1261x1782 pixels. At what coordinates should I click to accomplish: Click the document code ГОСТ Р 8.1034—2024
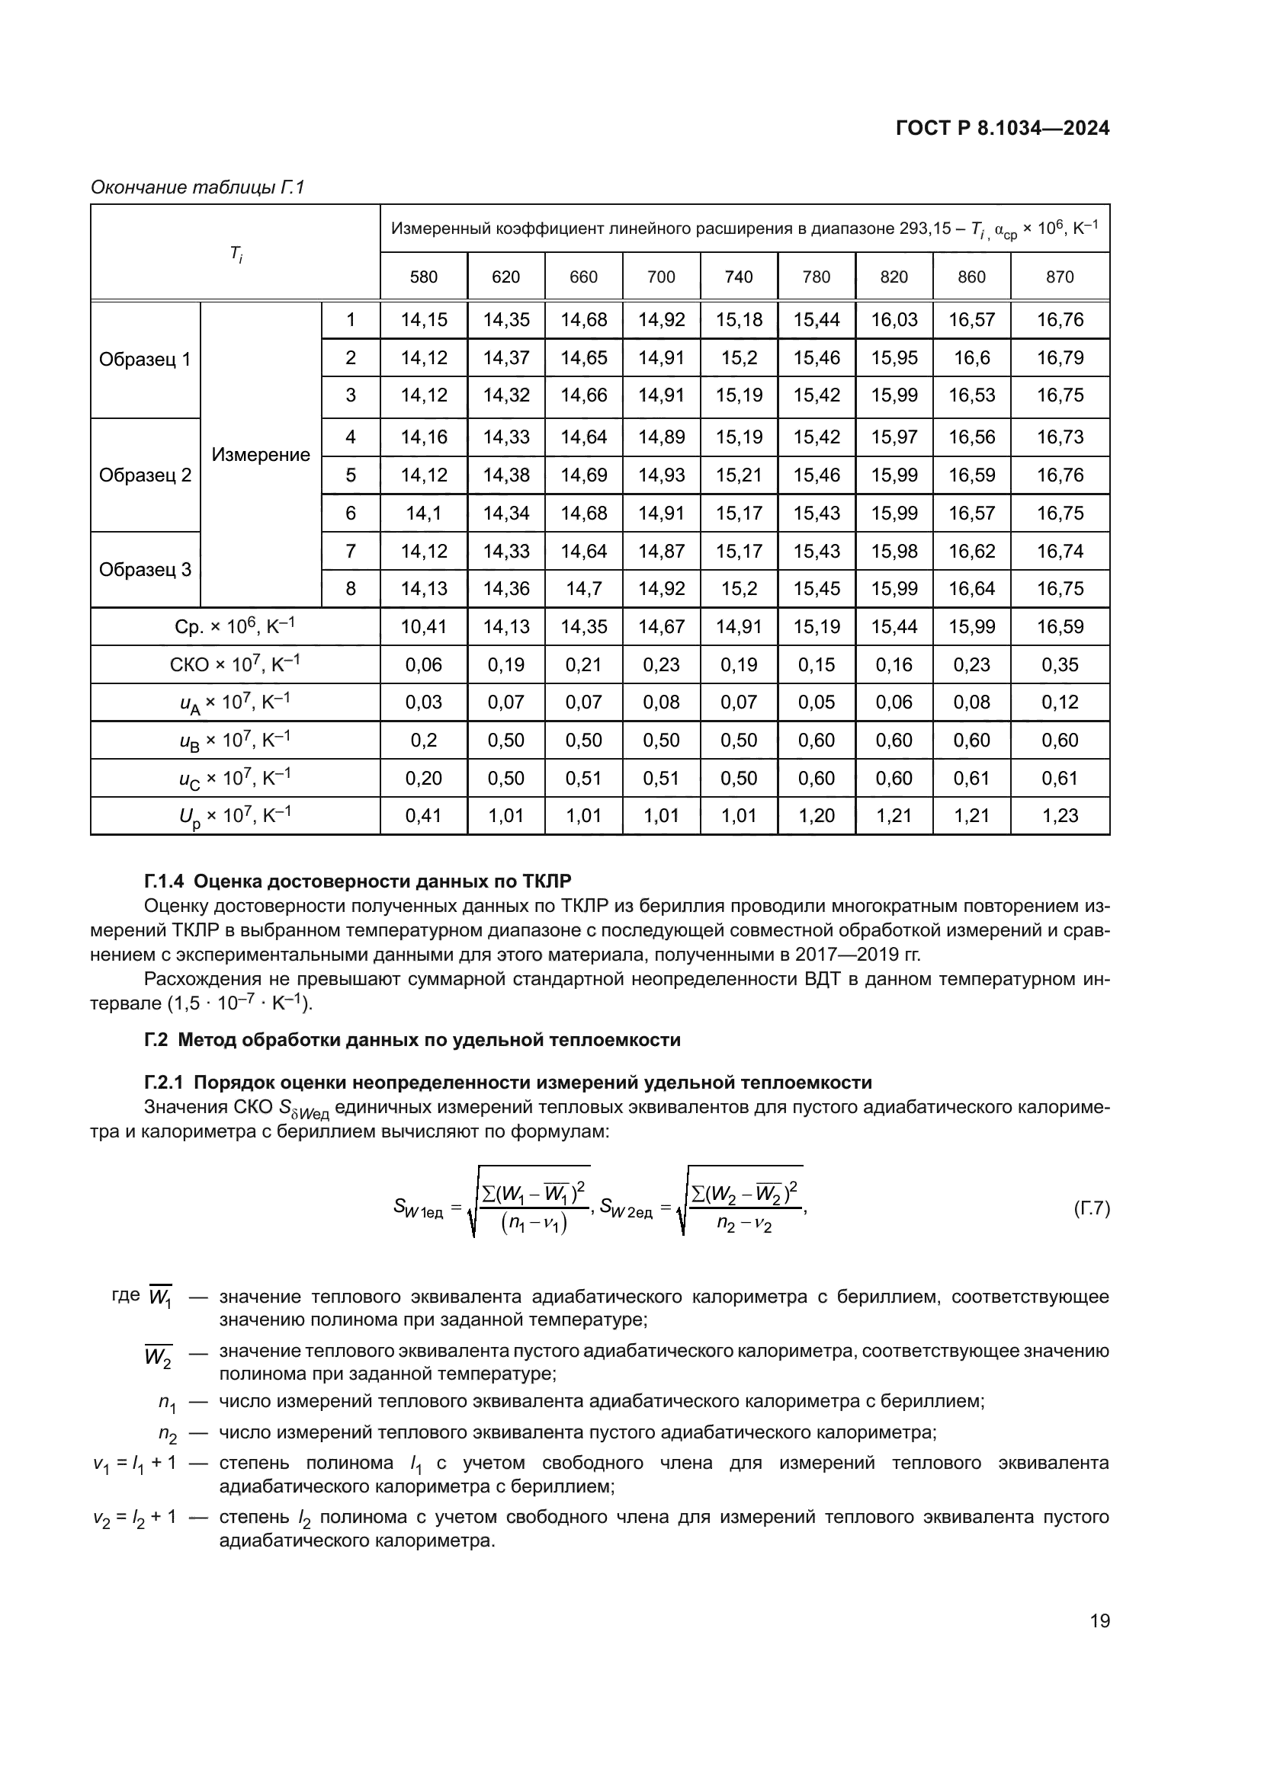click(1003, 128)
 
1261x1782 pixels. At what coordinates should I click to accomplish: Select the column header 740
click(739, 277)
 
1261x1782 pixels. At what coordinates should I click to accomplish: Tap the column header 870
click(1060, 277)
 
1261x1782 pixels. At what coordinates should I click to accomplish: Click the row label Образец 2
click(145, 475)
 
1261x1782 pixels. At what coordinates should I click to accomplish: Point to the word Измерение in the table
click(261, 455)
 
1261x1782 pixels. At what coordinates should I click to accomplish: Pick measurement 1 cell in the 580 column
click(424, 320)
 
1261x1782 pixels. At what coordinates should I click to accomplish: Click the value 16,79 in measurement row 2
click(1060, 358)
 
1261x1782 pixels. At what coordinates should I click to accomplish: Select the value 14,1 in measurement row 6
click(424, 513)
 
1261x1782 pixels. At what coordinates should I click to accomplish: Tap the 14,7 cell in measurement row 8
click(583, 588)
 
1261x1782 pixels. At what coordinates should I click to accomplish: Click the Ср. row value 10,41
click(424, 626)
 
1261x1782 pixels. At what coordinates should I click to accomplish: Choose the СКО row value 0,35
click(1060, 664)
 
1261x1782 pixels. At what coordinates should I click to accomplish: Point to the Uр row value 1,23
click(1060, 816)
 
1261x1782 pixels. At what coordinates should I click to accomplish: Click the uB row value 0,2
click(424, 740)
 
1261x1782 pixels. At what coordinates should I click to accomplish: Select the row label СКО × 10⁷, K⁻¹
click(235, 664)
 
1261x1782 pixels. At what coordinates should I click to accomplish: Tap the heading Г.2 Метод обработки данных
click(412, 1040)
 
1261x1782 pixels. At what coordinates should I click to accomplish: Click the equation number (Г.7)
click(1091, 1208)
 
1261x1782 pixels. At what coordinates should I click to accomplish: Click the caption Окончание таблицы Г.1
click(197, 187)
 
